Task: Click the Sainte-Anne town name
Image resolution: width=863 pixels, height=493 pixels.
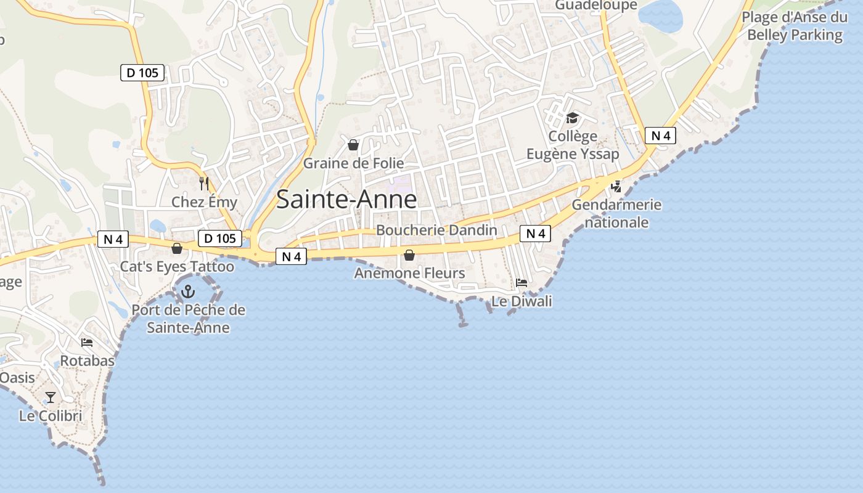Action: tap(346, 200)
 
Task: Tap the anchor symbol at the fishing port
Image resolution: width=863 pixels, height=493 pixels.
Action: tap(188, 291)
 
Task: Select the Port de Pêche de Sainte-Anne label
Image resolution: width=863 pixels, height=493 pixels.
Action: tap(188, 319)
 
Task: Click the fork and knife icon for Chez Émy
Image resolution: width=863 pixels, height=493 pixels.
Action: tap(204, 184)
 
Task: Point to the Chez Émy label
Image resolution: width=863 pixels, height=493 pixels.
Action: tap(204, 202)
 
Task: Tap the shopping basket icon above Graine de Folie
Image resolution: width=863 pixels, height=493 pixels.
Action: tap(353, 145)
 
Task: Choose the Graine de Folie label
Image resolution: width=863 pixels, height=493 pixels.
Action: tap(353, 163)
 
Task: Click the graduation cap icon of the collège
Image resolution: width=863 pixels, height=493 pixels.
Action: tap(573, 118)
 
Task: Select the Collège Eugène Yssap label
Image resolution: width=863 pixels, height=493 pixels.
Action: tap(573, 145)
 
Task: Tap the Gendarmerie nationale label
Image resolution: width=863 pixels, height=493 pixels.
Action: tap(616, 213)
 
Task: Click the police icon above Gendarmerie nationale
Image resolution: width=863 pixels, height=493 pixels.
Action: tap(616, 186)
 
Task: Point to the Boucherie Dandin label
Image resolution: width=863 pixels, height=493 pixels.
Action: tap(436, 230)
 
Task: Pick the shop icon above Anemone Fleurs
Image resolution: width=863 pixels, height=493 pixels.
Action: tap(409, 255)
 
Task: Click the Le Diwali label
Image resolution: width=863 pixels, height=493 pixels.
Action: tap(521, 301)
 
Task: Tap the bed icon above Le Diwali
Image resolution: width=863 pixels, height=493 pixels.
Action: tap(521, 283)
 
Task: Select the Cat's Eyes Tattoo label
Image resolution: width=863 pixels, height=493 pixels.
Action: tap(177, 267)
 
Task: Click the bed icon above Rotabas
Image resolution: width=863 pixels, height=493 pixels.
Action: tap(87, 343)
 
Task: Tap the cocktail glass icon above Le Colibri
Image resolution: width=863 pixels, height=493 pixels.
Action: tap(51, 397)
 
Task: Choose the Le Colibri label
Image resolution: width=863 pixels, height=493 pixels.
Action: tap(51, 416)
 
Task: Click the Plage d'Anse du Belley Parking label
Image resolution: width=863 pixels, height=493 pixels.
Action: tap(795, 26)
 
